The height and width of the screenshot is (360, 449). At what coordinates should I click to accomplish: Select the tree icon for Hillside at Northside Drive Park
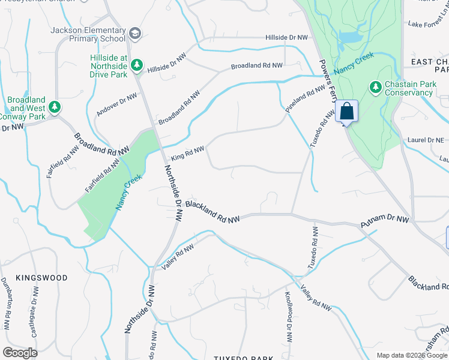click(x=137, y=64)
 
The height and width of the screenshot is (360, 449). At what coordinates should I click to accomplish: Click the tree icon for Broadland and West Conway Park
click(x=55, y=107)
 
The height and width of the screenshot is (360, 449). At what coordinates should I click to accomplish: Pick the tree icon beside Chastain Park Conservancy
click(x=376, y=88)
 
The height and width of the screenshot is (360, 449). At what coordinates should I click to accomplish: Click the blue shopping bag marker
click(x=347, y=112)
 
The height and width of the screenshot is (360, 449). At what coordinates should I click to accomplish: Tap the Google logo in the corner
click(x=20, y=352)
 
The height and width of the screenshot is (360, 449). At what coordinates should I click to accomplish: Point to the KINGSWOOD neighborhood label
click(x=41, y=278)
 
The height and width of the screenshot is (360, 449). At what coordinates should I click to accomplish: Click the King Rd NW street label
click(x=188, y=153)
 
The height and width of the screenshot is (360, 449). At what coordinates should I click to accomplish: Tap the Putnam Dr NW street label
click(x=384, y=222)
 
